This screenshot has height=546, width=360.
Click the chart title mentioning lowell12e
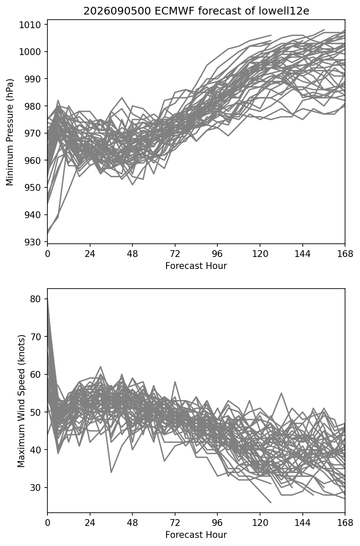click(196, 11)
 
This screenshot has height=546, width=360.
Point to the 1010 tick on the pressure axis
click(30, 25)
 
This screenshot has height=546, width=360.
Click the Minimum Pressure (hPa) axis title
click(10, 132)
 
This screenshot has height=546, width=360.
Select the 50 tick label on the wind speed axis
click(35, 412)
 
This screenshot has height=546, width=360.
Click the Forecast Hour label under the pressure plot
click(196, 266)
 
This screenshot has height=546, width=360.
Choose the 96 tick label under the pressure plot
click(217, 254)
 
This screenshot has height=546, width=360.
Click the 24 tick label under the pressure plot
click(90, 254)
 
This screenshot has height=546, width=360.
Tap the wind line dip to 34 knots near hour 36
click(111, 472)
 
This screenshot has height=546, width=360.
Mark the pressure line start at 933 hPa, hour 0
click(48, 234)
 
